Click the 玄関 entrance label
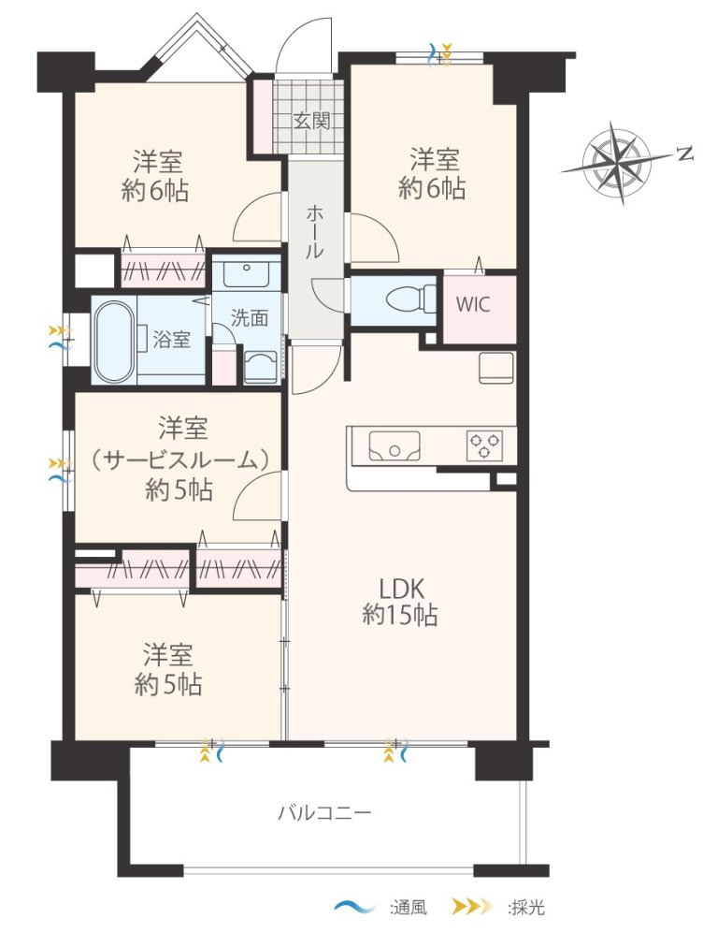coord(312,122)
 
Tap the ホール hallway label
coord(315,232)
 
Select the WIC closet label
coord(473,305)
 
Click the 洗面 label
coord(250,318)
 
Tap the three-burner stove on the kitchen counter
coord(485,445)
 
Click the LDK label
coord(401,589)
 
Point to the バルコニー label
coord(325,812)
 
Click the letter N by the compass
coord(686,153)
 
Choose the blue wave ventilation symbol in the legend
coord(354,908)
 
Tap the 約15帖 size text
coord(400,615)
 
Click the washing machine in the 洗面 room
coord(261,366)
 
